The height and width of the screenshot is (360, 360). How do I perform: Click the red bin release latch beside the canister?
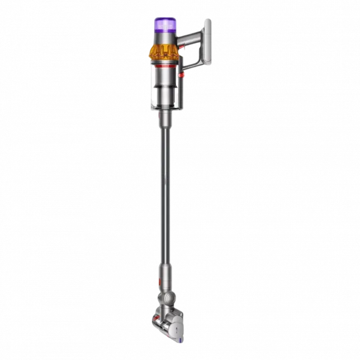click(182, 75)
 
